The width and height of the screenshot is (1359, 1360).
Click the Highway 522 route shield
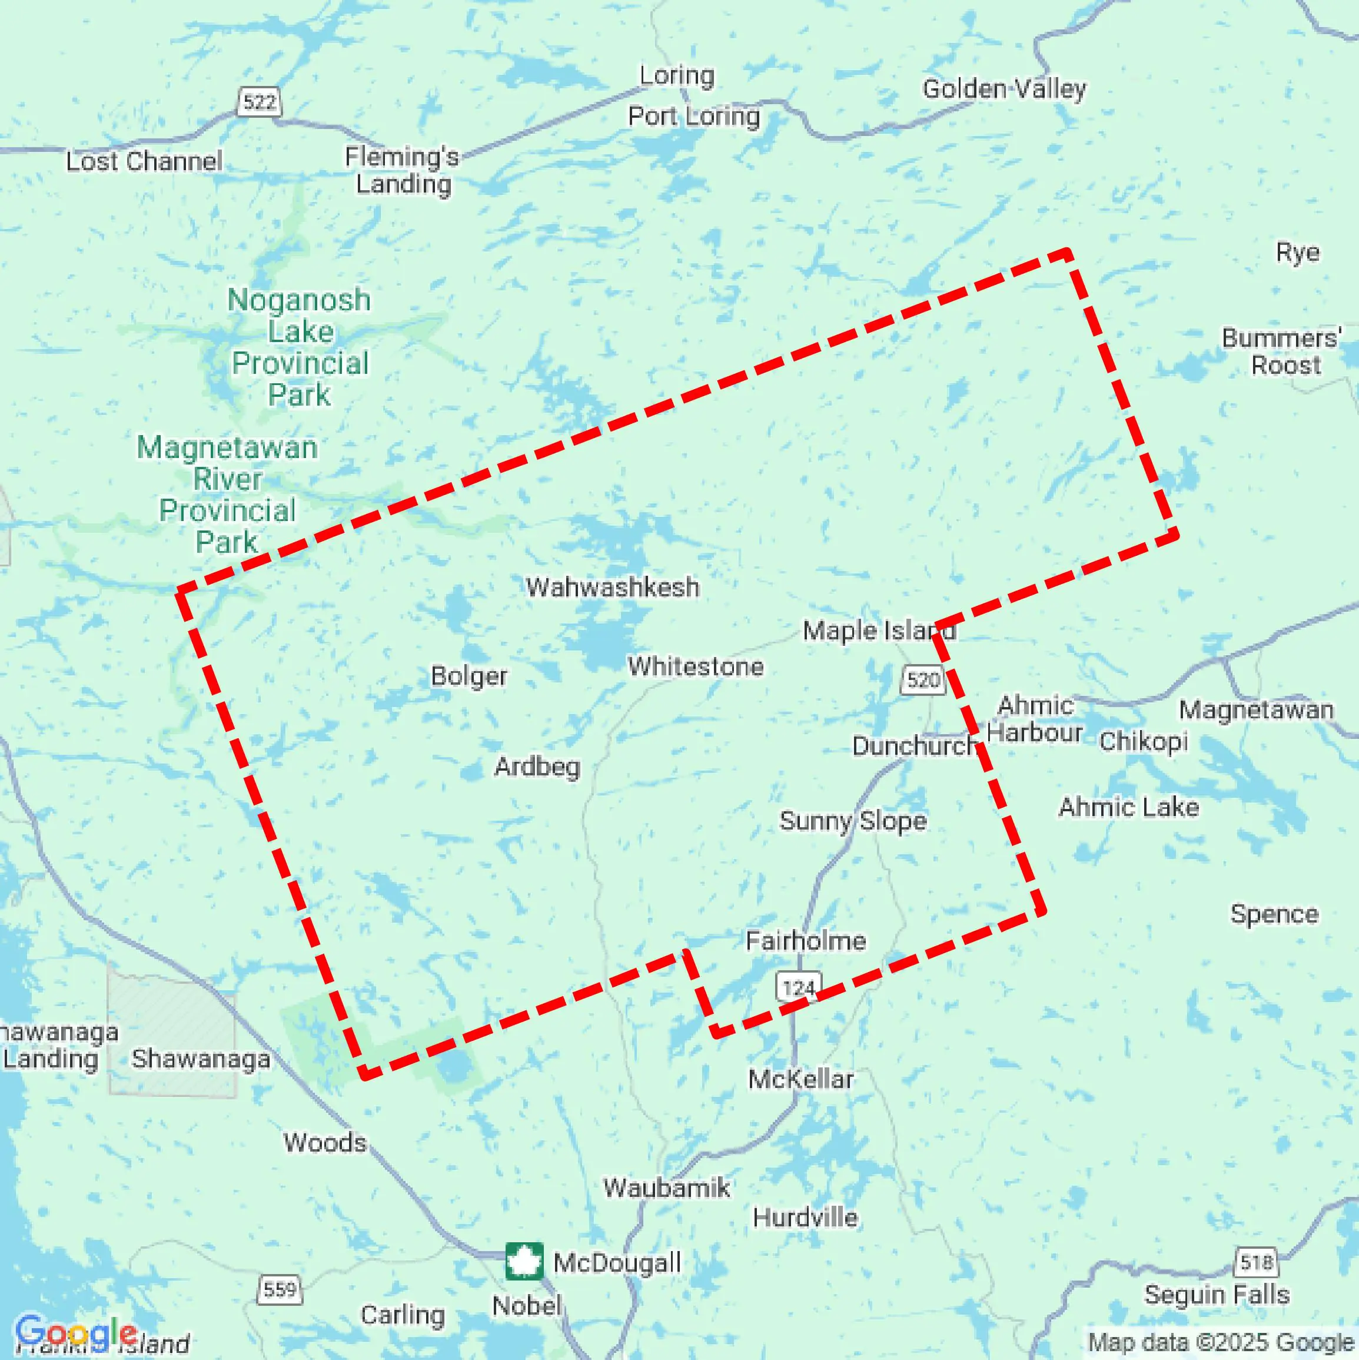[259, 102]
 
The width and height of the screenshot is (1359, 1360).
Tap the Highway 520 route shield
[923, 680]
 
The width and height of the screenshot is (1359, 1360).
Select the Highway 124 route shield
[799, 988]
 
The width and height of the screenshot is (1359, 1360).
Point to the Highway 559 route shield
[280, 1289]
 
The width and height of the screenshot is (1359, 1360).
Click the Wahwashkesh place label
[612, 587]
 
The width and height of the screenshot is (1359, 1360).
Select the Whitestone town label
[695, 666]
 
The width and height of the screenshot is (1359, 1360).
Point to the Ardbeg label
[537, 767]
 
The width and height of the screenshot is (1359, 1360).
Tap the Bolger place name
[468, 676]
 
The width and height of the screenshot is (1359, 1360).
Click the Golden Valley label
[1004, 89]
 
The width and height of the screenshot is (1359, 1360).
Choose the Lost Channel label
[144, 161]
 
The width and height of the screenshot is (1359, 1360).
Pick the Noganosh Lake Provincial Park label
[300, 347]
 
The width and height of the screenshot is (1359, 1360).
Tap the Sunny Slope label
[853, 821]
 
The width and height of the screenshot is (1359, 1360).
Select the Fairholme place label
[806, 940]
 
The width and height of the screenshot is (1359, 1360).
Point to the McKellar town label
[801, 1079]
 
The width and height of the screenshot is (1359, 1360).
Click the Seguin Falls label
[1217, 1295]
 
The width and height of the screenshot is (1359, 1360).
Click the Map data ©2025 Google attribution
[1222, 1342]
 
